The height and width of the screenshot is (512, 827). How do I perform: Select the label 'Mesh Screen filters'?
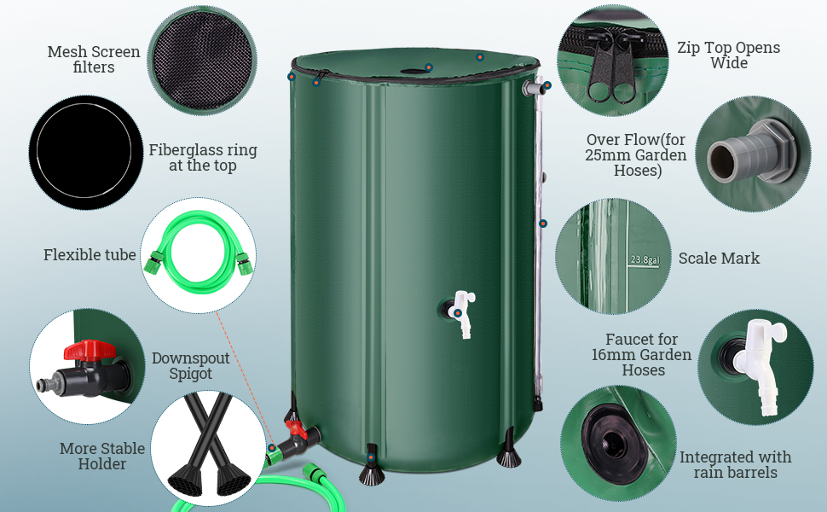pos(94,60)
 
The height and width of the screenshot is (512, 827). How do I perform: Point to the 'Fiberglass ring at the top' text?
pos(202,158)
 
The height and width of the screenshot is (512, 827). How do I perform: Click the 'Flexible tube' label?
pos(90,255)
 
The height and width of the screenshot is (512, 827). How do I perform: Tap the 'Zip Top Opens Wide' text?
pos(728,55)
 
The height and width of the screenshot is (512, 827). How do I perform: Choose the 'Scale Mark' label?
pos(719,258)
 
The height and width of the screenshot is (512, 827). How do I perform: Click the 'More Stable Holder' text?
pos(102,457)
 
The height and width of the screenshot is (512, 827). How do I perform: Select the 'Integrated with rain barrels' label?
pos(735,465)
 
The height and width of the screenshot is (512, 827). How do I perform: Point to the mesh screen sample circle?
pos(202,58)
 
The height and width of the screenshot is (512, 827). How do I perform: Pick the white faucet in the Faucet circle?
pos(759,358)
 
